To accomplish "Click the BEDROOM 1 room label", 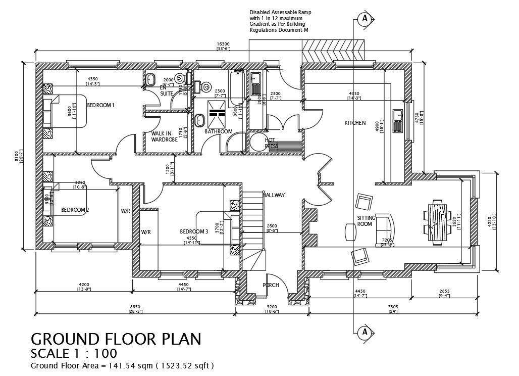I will click(x=101, y=105).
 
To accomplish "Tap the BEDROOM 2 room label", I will click(x=75, y=210).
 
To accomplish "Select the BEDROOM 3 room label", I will click(x=194, y=231).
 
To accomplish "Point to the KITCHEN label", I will click(x=355, y=123).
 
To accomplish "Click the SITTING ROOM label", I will click(x=366, y=220).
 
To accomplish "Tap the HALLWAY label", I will click(x=274, y=195).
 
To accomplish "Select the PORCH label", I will click(x=271, y=285).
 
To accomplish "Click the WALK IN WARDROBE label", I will click(x=165, y=136).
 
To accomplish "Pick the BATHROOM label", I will click(x=219, y=131).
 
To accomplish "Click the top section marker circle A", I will click(x=363, y=19).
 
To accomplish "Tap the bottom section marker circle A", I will click(x=363, y=332).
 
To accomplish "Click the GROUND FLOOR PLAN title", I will click(x=116, y=339).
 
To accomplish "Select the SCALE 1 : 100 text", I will click(x=74, y=353).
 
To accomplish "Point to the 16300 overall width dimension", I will click(x=223, y=44).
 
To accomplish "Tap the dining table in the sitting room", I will click(x=437, y=223).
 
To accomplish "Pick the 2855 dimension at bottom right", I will click(x=445, y=292).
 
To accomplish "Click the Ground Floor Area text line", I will click(x=122, y=365).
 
